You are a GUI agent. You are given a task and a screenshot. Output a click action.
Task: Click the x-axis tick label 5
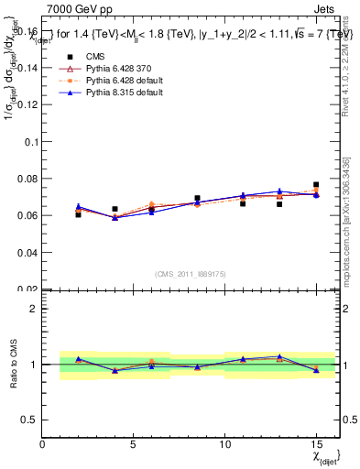(134, 444)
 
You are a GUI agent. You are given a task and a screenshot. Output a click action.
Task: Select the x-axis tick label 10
(224, 444)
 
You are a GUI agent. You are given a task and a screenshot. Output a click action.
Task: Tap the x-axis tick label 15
(316, 444)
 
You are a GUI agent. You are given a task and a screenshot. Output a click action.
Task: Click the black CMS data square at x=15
(316, 185)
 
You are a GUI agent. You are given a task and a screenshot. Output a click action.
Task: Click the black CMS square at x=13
(279, 204)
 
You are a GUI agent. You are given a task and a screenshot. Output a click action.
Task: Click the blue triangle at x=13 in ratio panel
(279, 356)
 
